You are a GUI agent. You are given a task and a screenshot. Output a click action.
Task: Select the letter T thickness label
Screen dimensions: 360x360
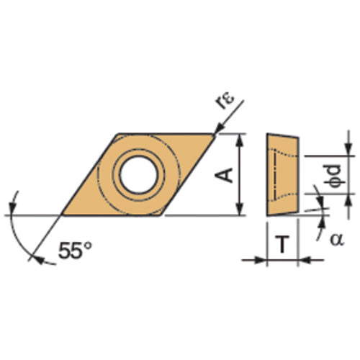click(284, 245)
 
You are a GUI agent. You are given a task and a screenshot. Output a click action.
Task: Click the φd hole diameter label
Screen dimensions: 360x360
click(333, 174)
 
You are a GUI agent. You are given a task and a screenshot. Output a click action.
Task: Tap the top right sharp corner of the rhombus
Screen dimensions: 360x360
click(216, 134)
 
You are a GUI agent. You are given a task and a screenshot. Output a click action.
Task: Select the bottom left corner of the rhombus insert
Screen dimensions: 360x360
click(61, 215)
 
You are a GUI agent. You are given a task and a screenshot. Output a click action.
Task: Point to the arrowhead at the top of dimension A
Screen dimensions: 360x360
click(240, 138)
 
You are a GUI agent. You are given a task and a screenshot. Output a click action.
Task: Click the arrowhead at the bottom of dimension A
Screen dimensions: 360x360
click(240, 210)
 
